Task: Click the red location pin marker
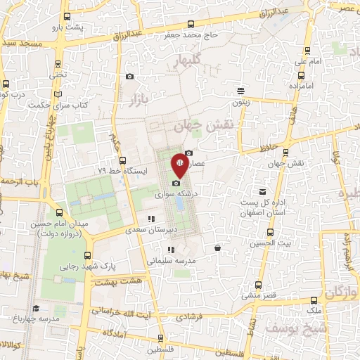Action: point(180,166)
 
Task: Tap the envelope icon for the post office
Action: point(263,191)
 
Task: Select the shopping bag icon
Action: point(218,247)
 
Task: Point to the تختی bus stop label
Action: point(57,74)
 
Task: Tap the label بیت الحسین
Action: point(270,243)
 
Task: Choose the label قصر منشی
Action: point(258,296)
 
